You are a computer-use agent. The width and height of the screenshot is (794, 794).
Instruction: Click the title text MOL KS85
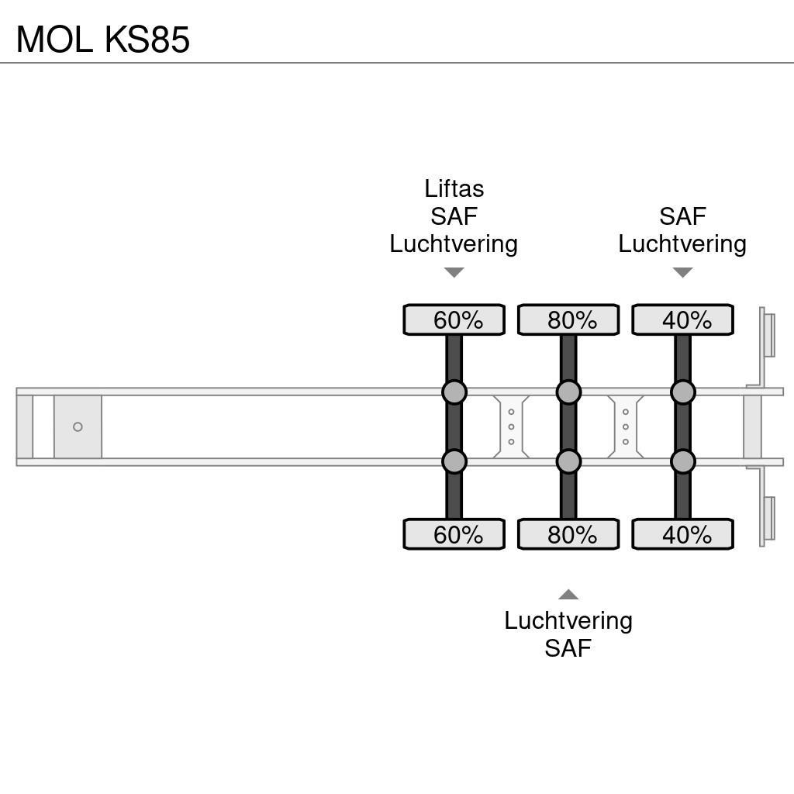click(103, 39)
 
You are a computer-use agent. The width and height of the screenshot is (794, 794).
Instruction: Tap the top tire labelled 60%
click(454, 319)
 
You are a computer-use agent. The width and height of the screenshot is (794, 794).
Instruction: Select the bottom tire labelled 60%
click(454, 535)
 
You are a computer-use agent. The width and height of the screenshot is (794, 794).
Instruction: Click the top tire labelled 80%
click(568, 319)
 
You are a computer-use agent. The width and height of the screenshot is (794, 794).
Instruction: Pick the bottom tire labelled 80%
click(568, 535)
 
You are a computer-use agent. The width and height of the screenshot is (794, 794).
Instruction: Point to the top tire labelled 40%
click(682, 319)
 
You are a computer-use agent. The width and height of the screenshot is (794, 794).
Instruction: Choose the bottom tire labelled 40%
click(682, 535)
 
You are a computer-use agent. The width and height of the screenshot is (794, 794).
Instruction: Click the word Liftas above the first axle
click(454, 188)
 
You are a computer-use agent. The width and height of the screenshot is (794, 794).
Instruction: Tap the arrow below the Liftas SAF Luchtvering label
click(454, 272)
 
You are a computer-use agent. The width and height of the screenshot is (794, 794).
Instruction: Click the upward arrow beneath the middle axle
click(568, 595)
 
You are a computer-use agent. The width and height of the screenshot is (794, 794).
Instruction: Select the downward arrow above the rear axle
click(682, 272)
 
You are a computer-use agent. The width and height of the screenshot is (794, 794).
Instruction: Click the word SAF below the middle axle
click(568, 647)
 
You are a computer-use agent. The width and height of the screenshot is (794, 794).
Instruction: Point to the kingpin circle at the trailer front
click(78, 427)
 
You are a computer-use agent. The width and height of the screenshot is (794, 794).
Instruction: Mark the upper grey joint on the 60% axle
click(454, 392)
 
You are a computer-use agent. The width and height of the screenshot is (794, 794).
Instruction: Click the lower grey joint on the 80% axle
click(568, 462)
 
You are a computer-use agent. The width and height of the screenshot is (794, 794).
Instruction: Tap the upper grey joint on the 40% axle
click(682, 392)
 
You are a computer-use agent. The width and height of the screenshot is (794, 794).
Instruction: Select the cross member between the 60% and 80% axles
click(511, 427)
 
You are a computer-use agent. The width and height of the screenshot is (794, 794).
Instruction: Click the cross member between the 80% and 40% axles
click(625, 427)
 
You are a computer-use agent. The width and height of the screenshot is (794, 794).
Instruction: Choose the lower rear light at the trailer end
click(768, 519)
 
